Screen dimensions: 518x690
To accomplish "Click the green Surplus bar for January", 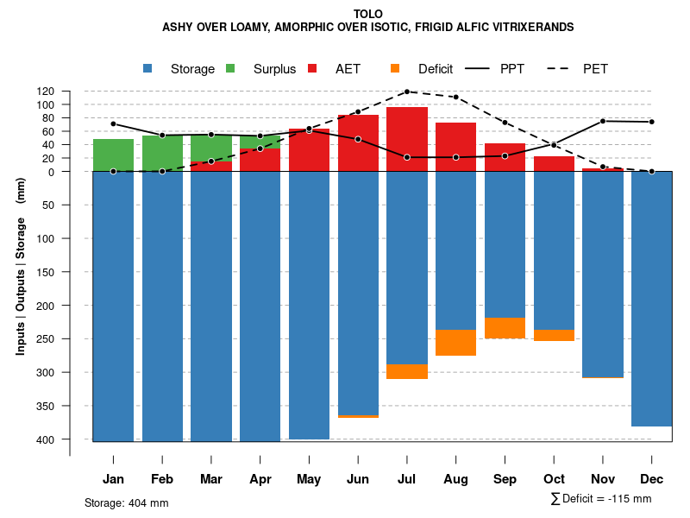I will point(113,155).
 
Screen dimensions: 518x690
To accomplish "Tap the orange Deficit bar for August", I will point(456,343).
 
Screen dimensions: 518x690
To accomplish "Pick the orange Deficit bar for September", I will point(505,328).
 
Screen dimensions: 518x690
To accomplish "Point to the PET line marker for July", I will point(407,92).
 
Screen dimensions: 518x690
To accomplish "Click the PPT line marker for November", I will point(603,121).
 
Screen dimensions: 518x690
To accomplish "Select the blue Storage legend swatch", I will point(148,68).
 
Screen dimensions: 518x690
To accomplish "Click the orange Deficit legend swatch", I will point(395,68).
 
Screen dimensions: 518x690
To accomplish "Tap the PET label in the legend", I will point(595,68).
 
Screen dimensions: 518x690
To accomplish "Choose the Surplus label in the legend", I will point(274,68).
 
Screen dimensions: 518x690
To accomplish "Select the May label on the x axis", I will point(309,479).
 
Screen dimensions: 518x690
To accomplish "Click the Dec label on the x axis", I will point(652,479).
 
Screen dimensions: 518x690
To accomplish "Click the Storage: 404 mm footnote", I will point(127,502).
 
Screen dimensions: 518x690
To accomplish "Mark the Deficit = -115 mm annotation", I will point(601,499).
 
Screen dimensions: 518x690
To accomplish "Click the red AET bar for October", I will point(554,163).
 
